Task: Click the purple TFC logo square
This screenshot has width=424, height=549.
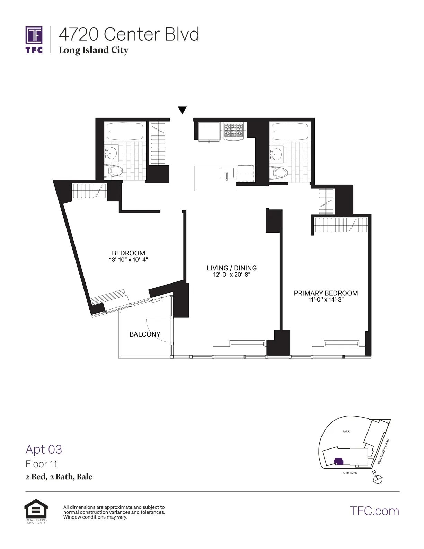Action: tap(34, 35)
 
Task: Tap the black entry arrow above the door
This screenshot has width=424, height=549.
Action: tap(182, 110)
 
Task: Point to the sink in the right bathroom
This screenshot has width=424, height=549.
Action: tap(276, 153)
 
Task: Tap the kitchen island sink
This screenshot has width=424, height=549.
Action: tap(227, 173)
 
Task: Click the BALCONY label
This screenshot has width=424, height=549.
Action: tap(145, 334)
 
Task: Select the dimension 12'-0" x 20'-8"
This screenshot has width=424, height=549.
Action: tap(231, 275)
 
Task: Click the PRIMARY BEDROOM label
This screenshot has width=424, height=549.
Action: tap(326, 293)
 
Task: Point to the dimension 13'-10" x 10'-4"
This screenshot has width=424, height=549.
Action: tap(128, 260)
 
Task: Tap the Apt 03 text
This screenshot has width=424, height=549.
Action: tap(44, 450)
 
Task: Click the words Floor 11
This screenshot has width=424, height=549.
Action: tap(41, 464)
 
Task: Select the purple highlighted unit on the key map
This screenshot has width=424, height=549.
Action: tap(338, 461)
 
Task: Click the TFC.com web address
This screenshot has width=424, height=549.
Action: tap(374, 511)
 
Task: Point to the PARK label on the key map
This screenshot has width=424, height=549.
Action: tap(346, 432)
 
